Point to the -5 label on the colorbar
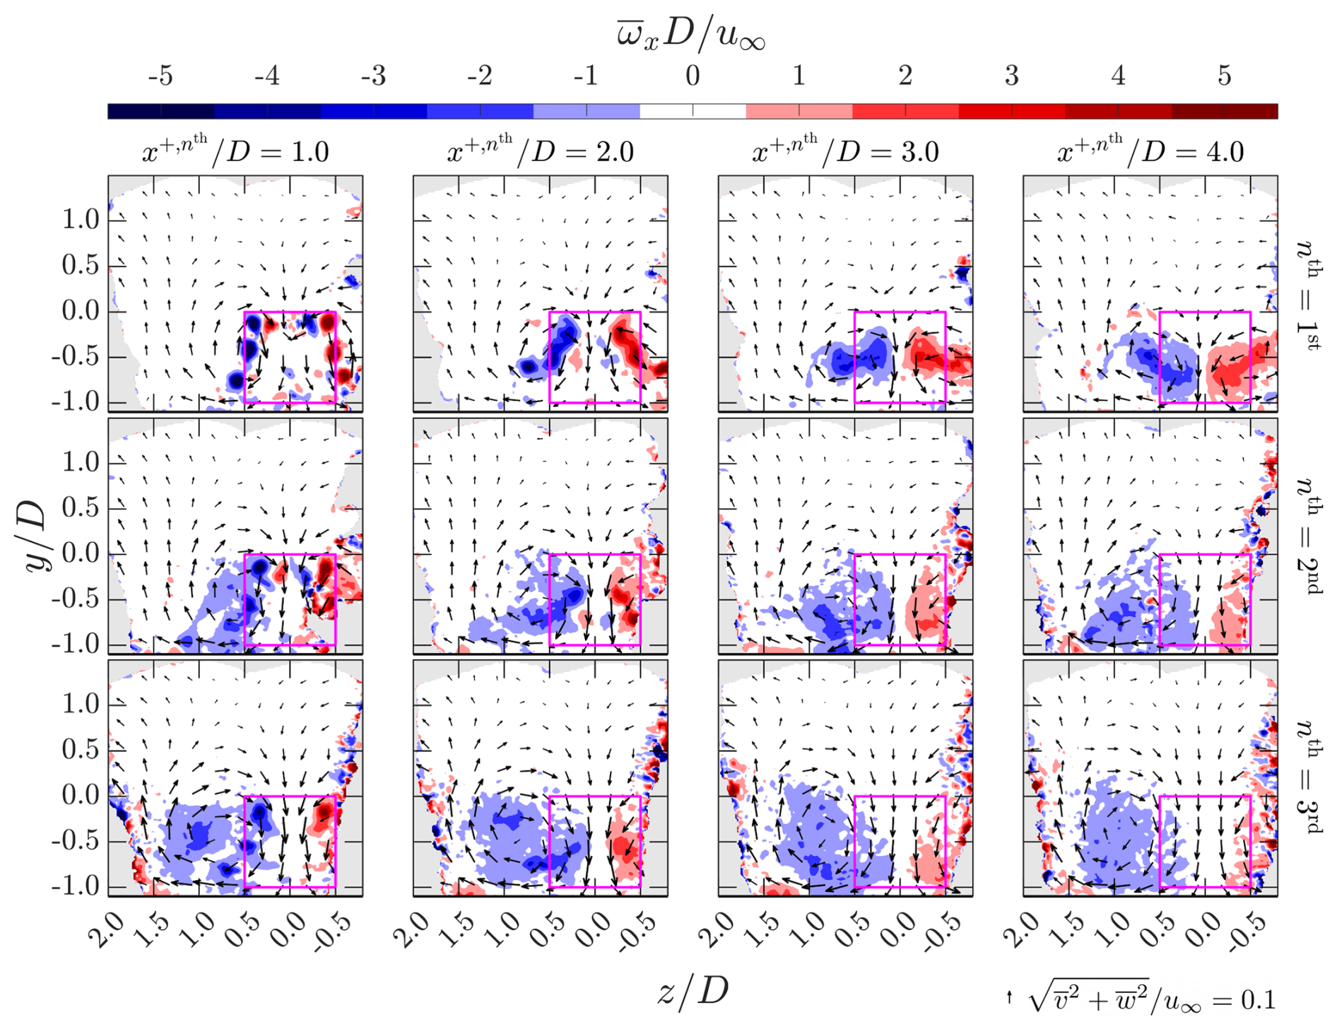point(160,76)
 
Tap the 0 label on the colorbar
point(693,76)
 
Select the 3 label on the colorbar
point(1011,76)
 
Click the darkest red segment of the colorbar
point(1225,111)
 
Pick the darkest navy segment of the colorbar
point(160,111)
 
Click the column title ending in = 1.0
point(235,151)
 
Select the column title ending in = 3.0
point(845,151)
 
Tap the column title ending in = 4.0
point(1150,151)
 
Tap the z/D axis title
point(692,991)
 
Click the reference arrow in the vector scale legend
point(1009,998)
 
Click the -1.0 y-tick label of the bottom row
point(75,886)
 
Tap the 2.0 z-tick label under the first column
point(107,930)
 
